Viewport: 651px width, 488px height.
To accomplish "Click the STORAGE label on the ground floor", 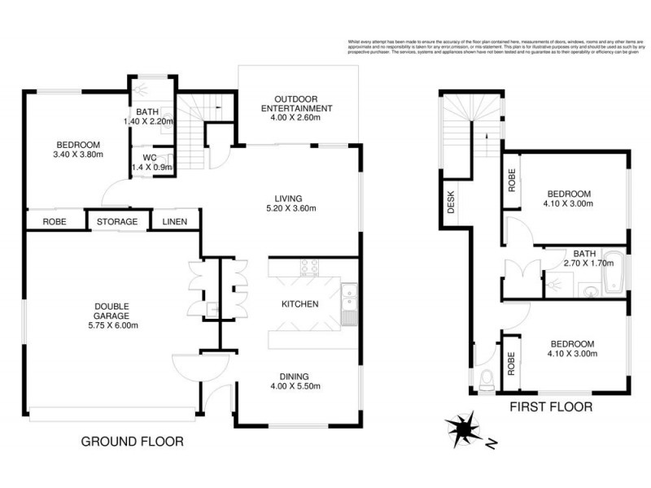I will coord(117,222).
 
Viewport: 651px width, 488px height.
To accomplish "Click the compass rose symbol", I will coord(464,429).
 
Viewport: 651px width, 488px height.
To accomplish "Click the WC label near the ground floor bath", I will coord(148,157).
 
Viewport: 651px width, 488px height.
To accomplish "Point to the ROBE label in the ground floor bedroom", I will coord(55,222).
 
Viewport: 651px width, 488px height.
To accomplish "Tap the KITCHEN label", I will coord(300,304).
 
